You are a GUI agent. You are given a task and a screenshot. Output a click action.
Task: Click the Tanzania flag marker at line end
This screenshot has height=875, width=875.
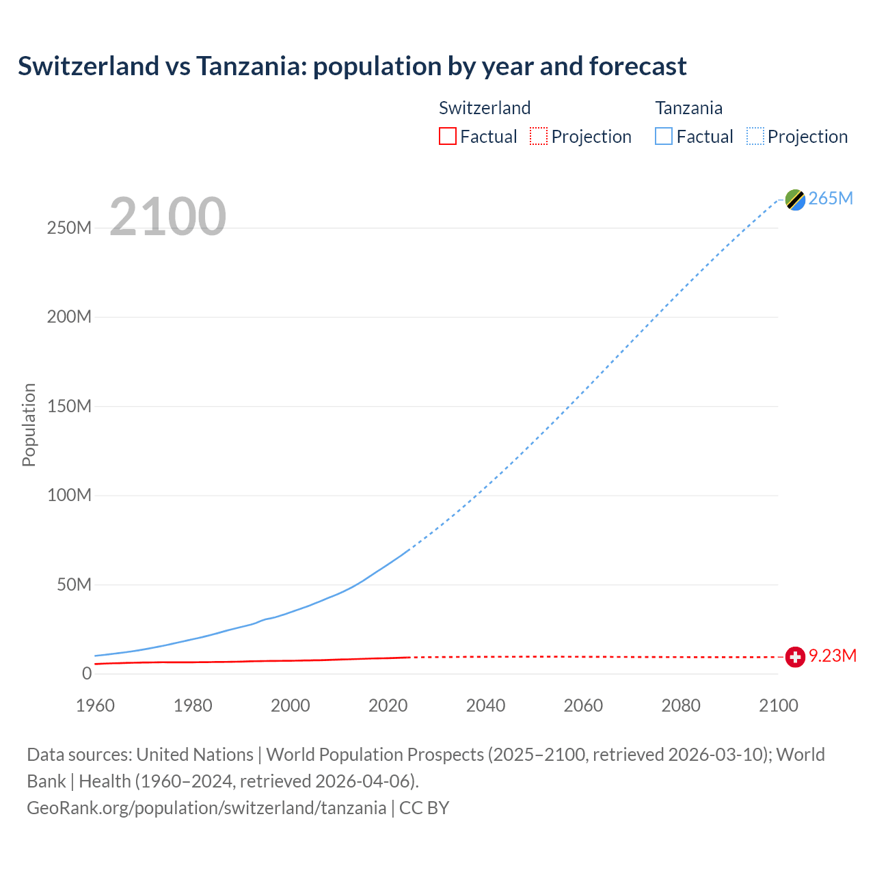(x=794, y=200)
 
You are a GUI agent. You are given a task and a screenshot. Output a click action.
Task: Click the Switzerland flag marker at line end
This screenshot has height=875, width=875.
(x=794, y=657)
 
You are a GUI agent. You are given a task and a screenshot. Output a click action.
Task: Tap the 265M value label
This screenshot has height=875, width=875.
(x=831, y=198)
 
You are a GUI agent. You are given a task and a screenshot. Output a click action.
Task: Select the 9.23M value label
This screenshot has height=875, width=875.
(x=833, y=656)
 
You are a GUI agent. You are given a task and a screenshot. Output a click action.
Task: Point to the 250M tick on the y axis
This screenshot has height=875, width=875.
(x=69, y=228)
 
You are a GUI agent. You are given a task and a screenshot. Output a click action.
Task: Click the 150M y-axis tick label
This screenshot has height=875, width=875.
(x=69, y=406)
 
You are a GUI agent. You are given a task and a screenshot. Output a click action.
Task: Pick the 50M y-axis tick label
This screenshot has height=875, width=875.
(x=74, y=584)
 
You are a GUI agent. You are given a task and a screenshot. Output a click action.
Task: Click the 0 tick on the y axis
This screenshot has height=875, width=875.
(x=87, y=673)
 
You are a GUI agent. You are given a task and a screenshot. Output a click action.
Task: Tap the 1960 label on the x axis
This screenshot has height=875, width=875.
(x=95, y=705)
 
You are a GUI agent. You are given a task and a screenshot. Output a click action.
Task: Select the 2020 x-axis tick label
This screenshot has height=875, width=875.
(x=388, y=705)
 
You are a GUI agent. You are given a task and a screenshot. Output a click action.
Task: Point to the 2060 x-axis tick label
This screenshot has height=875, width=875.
(x=583, y=705)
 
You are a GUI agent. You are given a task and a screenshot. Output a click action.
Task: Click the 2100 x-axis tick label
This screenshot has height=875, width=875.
(x=778, y=705)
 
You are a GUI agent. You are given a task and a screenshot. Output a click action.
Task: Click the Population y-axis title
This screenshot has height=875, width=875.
(x=29, y=425)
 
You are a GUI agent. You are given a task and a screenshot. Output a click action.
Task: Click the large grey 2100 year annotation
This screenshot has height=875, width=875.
(x=167, y=217)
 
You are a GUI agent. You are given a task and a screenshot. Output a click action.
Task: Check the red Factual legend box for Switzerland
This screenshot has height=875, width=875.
(x=448, y=136)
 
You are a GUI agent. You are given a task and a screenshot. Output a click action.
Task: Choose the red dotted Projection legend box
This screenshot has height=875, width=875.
(x=539, y=136)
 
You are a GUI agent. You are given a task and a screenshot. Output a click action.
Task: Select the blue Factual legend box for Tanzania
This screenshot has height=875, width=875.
(x=664, y=136)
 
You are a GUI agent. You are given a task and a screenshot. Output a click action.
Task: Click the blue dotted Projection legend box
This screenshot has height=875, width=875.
(x=755, y=136)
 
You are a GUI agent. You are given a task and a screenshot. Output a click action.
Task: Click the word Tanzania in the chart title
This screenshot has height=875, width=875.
(x=251, y=66)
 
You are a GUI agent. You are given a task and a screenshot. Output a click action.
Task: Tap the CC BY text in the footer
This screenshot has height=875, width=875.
(x=424, y=808)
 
